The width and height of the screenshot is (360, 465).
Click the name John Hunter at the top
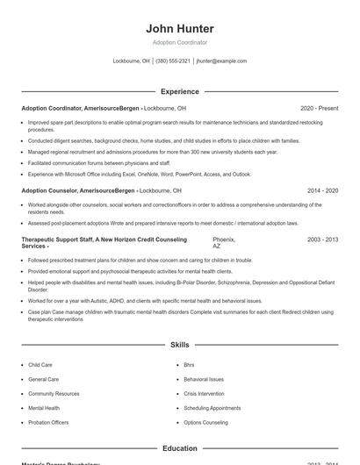179,28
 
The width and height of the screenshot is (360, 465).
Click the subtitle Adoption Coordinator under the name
179,42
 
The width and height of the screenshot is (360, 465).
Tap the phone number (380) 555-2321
173,61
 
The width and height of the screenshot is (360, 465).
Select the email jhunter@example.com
221,61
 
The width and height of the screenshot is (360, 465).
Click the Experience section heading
179,91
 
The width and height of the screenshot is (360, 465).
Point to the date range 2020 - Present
319,108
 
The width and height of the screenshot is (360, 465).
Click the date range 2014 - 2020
322,190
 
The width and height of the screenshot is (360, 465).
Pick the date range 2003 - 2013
322,239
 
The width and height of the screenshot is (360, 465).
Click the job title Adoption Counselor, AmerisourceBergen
78,190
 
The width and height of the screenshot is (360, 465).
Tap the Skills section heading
179,346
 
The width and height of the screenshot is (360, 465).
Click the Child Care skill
40,365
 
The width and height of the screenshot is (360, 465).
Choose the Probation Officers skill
48,423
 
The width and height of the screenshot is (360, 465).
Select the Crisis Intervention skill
204,394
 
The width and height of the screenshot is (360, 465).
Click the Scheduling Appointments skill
212,408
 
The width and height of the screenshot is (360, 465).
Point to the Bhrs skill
189,365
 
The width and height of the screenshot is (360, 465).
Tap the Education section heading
179,448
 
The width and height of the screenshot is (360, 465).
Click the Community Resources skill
54,394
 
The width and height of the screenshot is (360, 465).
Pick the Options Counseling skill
205,423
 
